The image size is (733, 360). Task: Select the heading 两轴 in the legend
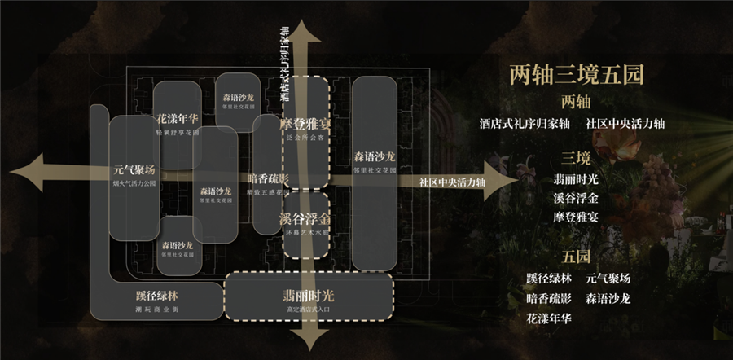(x=576, y=103)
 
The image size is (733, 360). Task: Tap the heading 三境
(x=576, y=156)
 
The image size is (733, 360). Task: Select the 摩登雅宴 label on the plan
(x=305, y=125)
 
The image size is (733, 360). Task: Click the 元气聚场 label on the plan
(x=134, y=171)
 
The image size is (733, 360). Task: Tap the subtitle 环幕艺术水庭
(x=305, y=234)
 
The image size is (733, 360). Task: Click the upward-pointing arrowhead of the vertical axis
(x=305, y=34)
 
